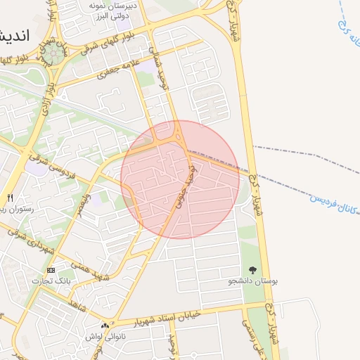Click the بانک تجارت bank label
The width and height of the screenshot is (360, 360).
(x=46, y=281)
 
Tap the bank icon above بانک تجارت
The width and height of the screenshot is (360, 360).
(x=51, y=270)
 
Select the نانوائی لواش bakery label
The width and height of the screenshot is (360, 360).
(x=105, y=337)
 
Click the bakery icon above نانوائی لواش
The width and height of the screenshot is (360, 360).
(x=105, y=326)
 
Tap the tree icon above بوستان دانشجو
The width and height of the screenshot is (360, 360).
(x=252, y=269)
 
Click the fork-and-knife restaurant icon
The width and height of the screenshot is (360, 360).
(x=10, y=198)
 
